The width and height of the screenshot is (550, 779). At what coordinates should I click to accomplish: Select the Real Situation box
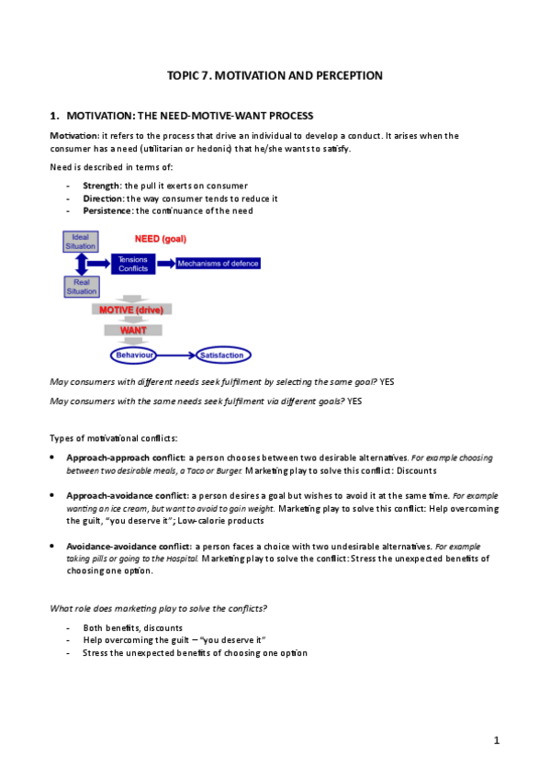[81, 287]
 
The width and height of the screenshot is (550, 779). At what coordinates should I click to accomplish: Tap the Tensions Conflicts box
[133, 265]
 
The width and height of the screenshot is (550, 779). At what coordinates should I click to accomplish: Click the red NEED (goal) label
[161, 239]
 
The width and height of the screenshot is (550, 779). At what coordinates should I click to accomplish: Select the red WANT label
[133, 330]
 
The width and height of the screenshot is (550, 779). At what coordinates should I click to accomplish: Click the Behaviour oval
[133, 355]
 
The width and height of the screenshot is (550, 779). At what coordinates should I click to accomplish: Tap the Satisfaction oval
[221, 355]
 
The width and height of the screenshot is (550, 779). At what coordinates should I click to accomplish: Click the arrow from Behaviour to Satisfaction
[176, 355]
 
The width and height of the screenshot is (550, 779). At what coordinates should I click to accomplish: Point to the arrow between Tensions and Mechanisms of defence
[166, 264]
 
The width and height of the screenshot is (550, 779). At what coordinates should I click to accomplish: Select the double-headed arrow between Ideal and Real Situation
[81, 265]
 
